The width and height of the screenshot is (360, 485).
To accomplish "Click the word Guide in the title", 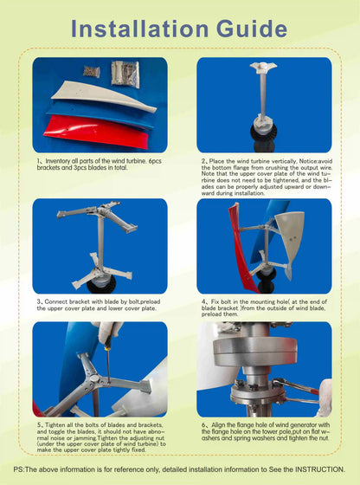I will tap(252, 28).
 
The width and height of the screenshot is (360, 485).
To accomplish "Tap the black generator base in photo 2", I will tap(262, 133).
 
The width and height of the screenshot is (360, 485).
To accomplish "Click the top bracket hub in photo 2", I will tap(262, 68).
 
